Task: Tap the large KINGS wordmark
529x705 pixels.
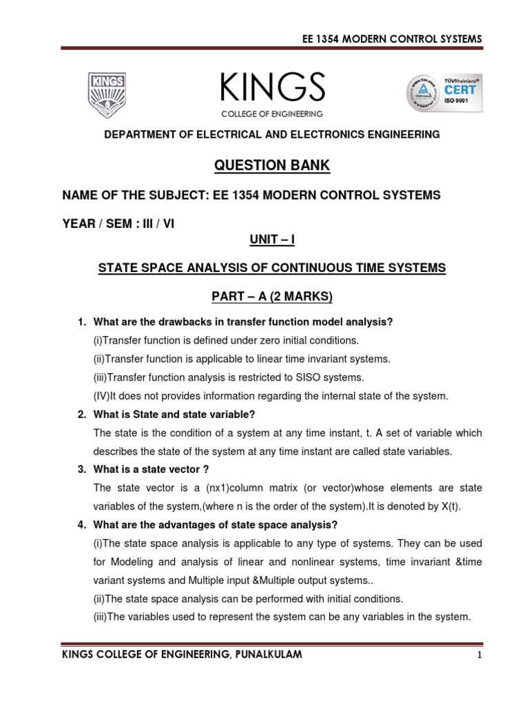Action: click(272, 87)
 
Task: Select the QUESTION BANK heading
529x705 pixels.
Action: click(271, 165)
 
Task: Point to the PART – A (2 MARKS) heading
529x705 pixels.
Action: click(271, 297)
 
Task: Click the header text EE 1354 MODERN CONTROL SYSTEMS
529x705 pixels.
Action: click(393, 39)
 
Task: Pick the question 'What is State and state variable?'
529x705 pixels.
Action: click(174, 414)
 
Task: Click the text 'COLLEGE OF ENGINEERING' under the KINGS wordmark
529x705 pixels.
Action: click(272, 114)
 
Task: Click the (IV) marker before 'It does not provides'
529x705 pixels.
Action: click(102, 396)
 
